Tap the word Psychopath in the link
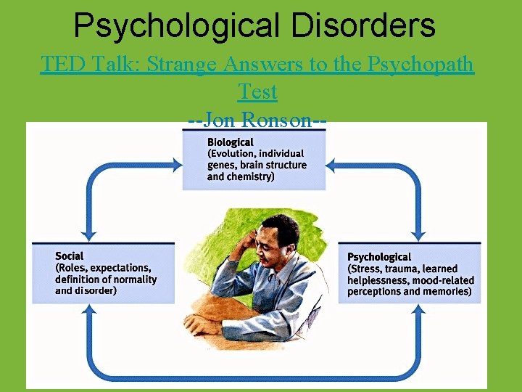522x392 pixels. [x=421, y=65]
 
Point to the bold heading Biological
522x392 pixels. [x=231, y=142]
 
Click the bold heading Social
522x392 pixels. [x=70, y=256]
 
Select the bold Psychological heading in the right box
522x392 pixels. [x=379, y=257]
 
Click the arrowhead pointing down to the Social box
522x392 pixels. [x=89, y=234]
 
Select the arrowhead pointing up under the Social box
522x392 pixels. [x=89, y=310]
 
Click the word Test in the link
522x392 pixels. [x=257, y=92]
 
